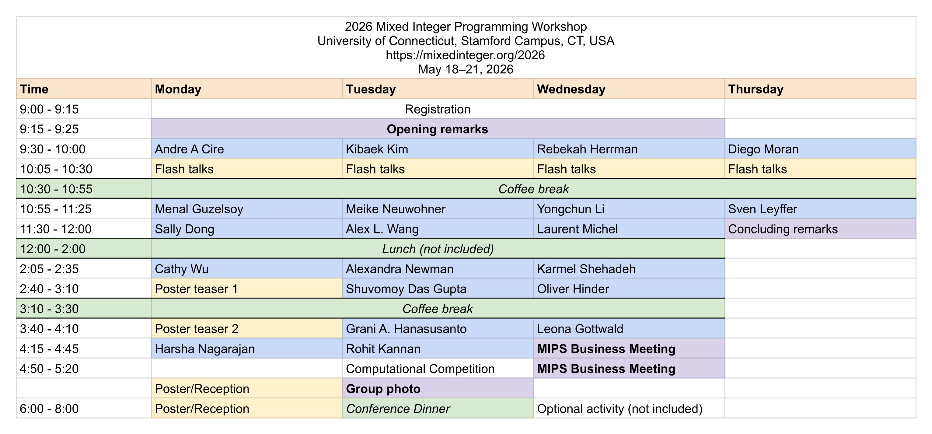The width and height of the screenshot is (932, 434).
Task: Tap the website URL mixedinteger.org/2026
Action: tap(465, 55)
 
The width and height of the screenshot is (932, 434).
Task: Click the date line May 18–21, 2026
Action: tap(465, 69)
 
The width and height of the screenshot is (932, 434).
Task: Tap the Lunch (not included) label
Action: tap(438, 249)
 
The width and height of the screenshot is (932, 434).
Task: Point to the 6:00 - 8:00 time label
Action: tap(49, 409)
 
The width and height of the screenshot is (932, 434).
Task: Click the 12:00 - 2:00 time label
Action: tap(53, 249)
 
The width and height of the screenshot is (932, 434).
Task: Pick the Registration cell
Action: tap(438, 109)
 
